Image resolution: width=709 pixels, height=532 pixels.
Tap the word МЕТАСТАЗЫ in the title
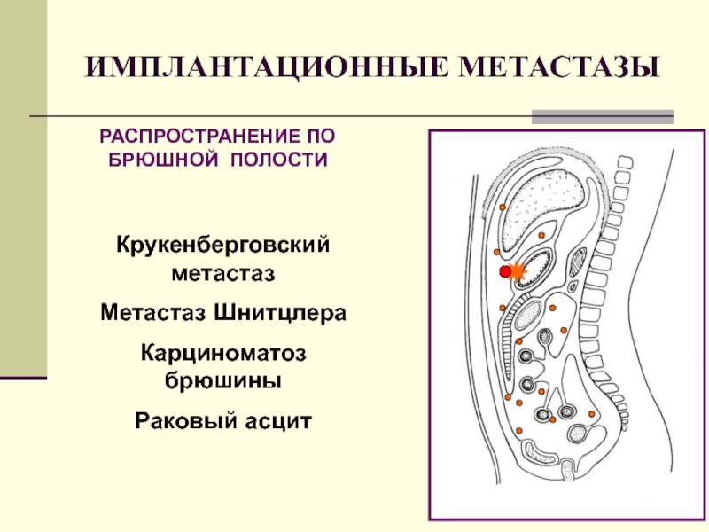tap(561, 68)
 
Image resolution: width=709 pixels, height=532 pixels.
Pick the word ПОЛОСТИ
tap(279, 160)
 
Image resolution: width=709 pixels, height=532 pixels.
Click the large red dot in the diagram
tap(505, 271)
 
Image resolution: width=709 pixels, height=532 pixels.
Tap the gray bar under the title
tap(602, 116)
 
